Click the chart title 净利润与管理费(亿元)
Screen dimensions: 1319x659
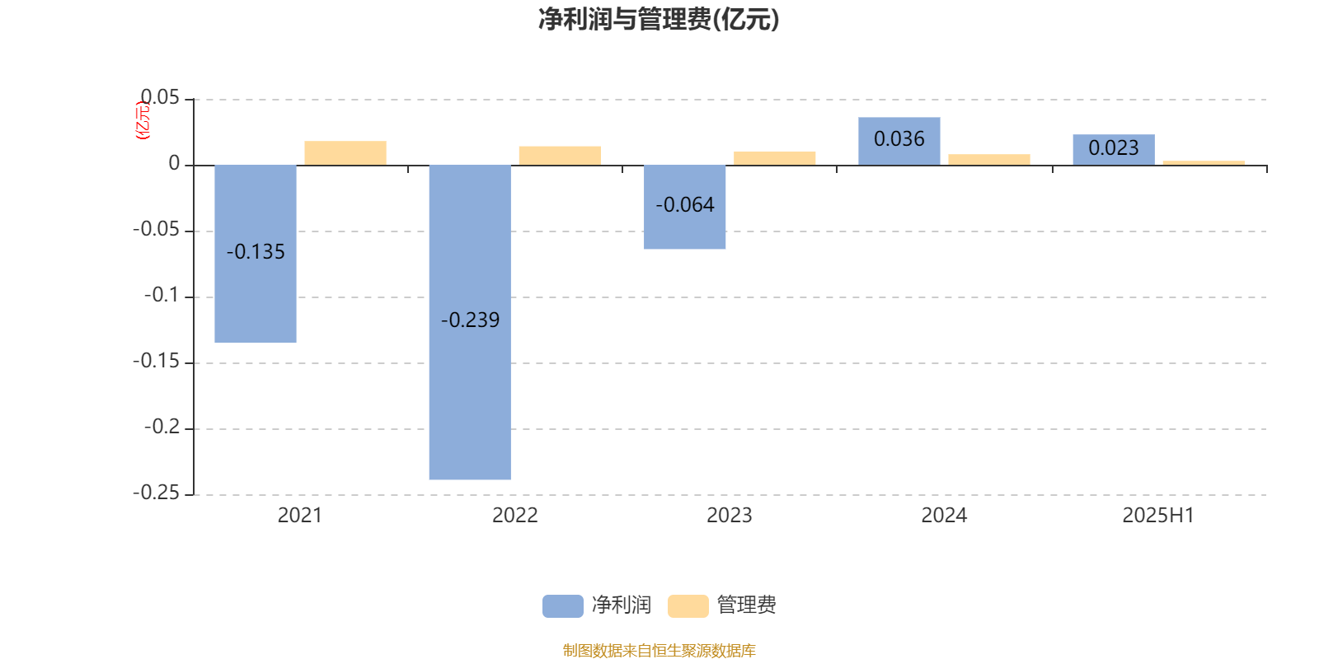pyautogui.click(x=659, y=20)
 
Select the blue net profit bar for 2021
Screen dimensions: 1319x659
pyautogui.click(x=256, y=254)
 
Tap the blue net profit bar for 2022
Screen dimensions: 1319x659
pyautogui.click(x=470, y=322)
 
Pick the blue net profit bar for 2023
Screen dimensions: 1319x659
pyautogui.click(x=684, y=207)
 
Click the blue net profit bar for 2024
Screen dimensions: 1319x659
pyautogui.click(x=899, y=141)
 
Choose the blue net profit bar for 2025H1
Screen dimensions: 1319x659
pyautogui.click(x=1114, y=149)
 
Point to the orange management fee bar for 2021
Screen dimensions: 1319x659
pyautogui.click(x=345, y=153)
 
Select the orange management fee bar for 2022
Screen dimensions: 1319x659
pyautogui.click(x=560, y=156)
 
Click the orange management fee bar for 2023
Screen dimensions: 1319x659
pyautogui.click(x=774, y=158)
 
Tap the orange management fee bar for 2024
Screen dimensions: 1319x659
pyautogui.click(x=989, y=160)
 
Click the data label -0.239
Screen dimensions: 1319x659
pyautogui.click(x=470, y=320)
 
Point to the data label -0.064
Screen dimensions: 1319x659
pyautogui.click(x=685, y=205)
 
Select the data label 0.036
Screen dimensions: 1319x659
pyautogui.click(x=899, y=139)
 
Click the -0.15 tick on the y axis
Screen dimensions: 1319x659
pyautogui.click(x=156, y=362)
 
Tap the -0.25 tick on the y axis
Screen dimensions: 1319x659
pyautogui.click(x=156, y=493)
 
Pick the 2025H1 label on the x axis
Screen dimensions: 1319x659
pyautogui.click(x=1158, y=516)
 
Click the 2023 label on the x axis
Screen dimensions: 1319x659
pyautogui.click(x=729, y=516)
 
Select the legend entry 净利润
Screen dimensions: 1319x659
pyautogui.click(x=597, y=605)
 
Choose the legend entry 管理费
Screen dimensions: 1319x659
pyautogui.click(x=722, y=605)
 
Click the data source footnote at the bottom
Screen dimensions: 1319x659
pyautogui.click(x=659, y=650)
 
